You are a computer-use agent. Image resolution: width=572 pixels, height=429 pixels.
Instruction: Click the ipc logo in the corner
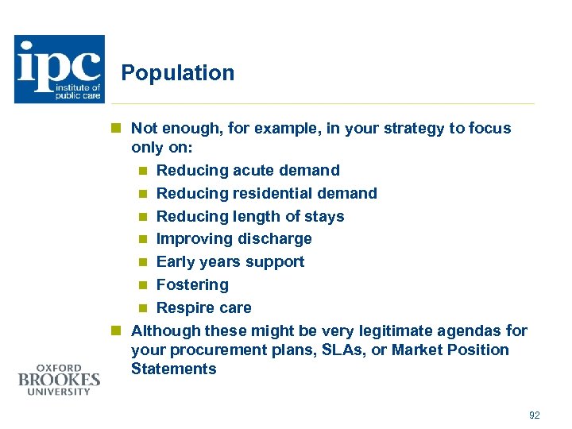click(x=59, y=69)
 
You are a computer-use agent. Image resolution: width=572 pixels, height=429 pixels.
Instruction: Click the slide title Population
click(x=178, y=73)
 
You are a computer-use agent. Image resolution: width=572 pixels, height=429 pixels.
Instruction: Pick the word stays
click(x=325, y=216)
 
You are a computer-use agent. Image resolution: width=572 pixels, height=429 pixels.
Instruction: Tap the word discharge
click(x=275, y=238)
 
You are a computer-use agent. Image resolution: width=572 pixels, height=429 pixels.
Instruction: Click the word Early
click(x=175, y=261)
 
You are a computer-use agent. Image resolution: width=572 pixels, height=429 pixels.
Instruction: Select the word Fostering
click(x=192, y=284)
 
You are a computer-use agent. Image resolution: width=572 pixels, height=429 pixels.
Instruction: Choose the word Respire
click(x=183, y=307)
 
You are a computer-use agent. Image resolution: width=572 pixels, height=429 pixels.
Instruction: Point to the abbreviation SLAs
click(x=351, y=350)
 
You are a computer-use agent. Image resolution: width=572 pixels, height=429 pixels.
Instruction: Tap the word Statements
click(x=173, y=369)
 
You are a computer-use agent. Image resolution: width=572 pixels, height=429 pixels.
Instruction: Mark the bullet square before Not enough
click(x=117, y=129)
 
